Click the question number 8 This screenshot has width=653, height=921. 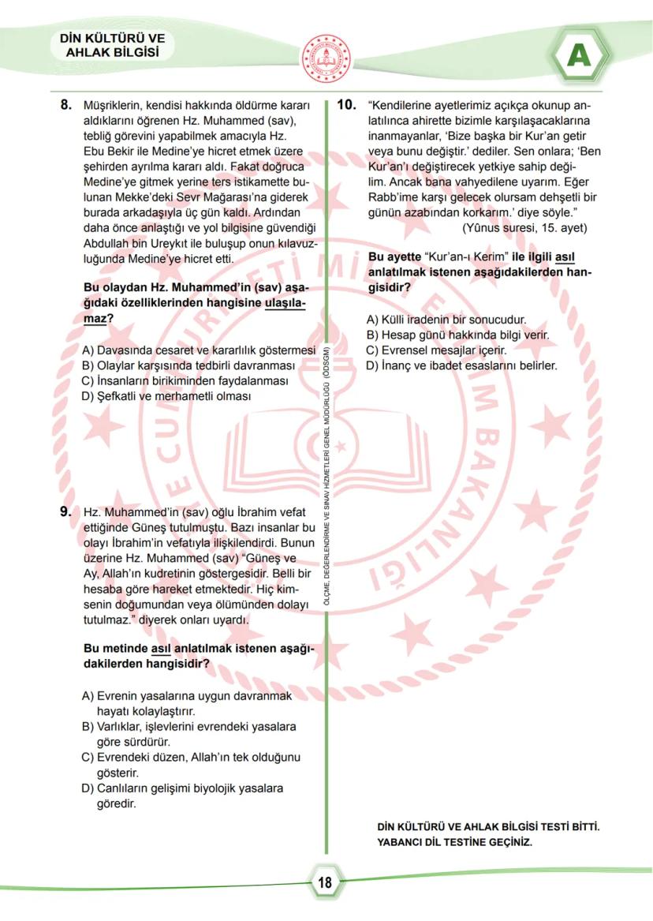[67, 104]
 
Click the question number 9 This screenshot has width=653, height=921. [67, 511]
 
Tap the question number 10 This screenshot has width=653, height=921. [347, 104]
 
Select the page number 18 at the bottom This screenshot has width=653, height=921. [325, 882]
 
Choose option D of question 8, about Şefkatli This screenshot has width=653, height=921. [166, 395]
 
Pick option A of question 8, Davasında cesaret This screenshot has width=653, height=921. [198, 350]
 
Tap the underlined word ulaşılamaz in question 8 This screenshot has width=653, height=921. [285, 303]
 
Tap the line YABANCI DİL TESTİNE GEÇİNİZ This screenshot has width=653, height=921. [455, 841]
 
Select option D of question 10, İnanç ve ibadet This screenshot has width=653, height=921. [461, 365]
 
